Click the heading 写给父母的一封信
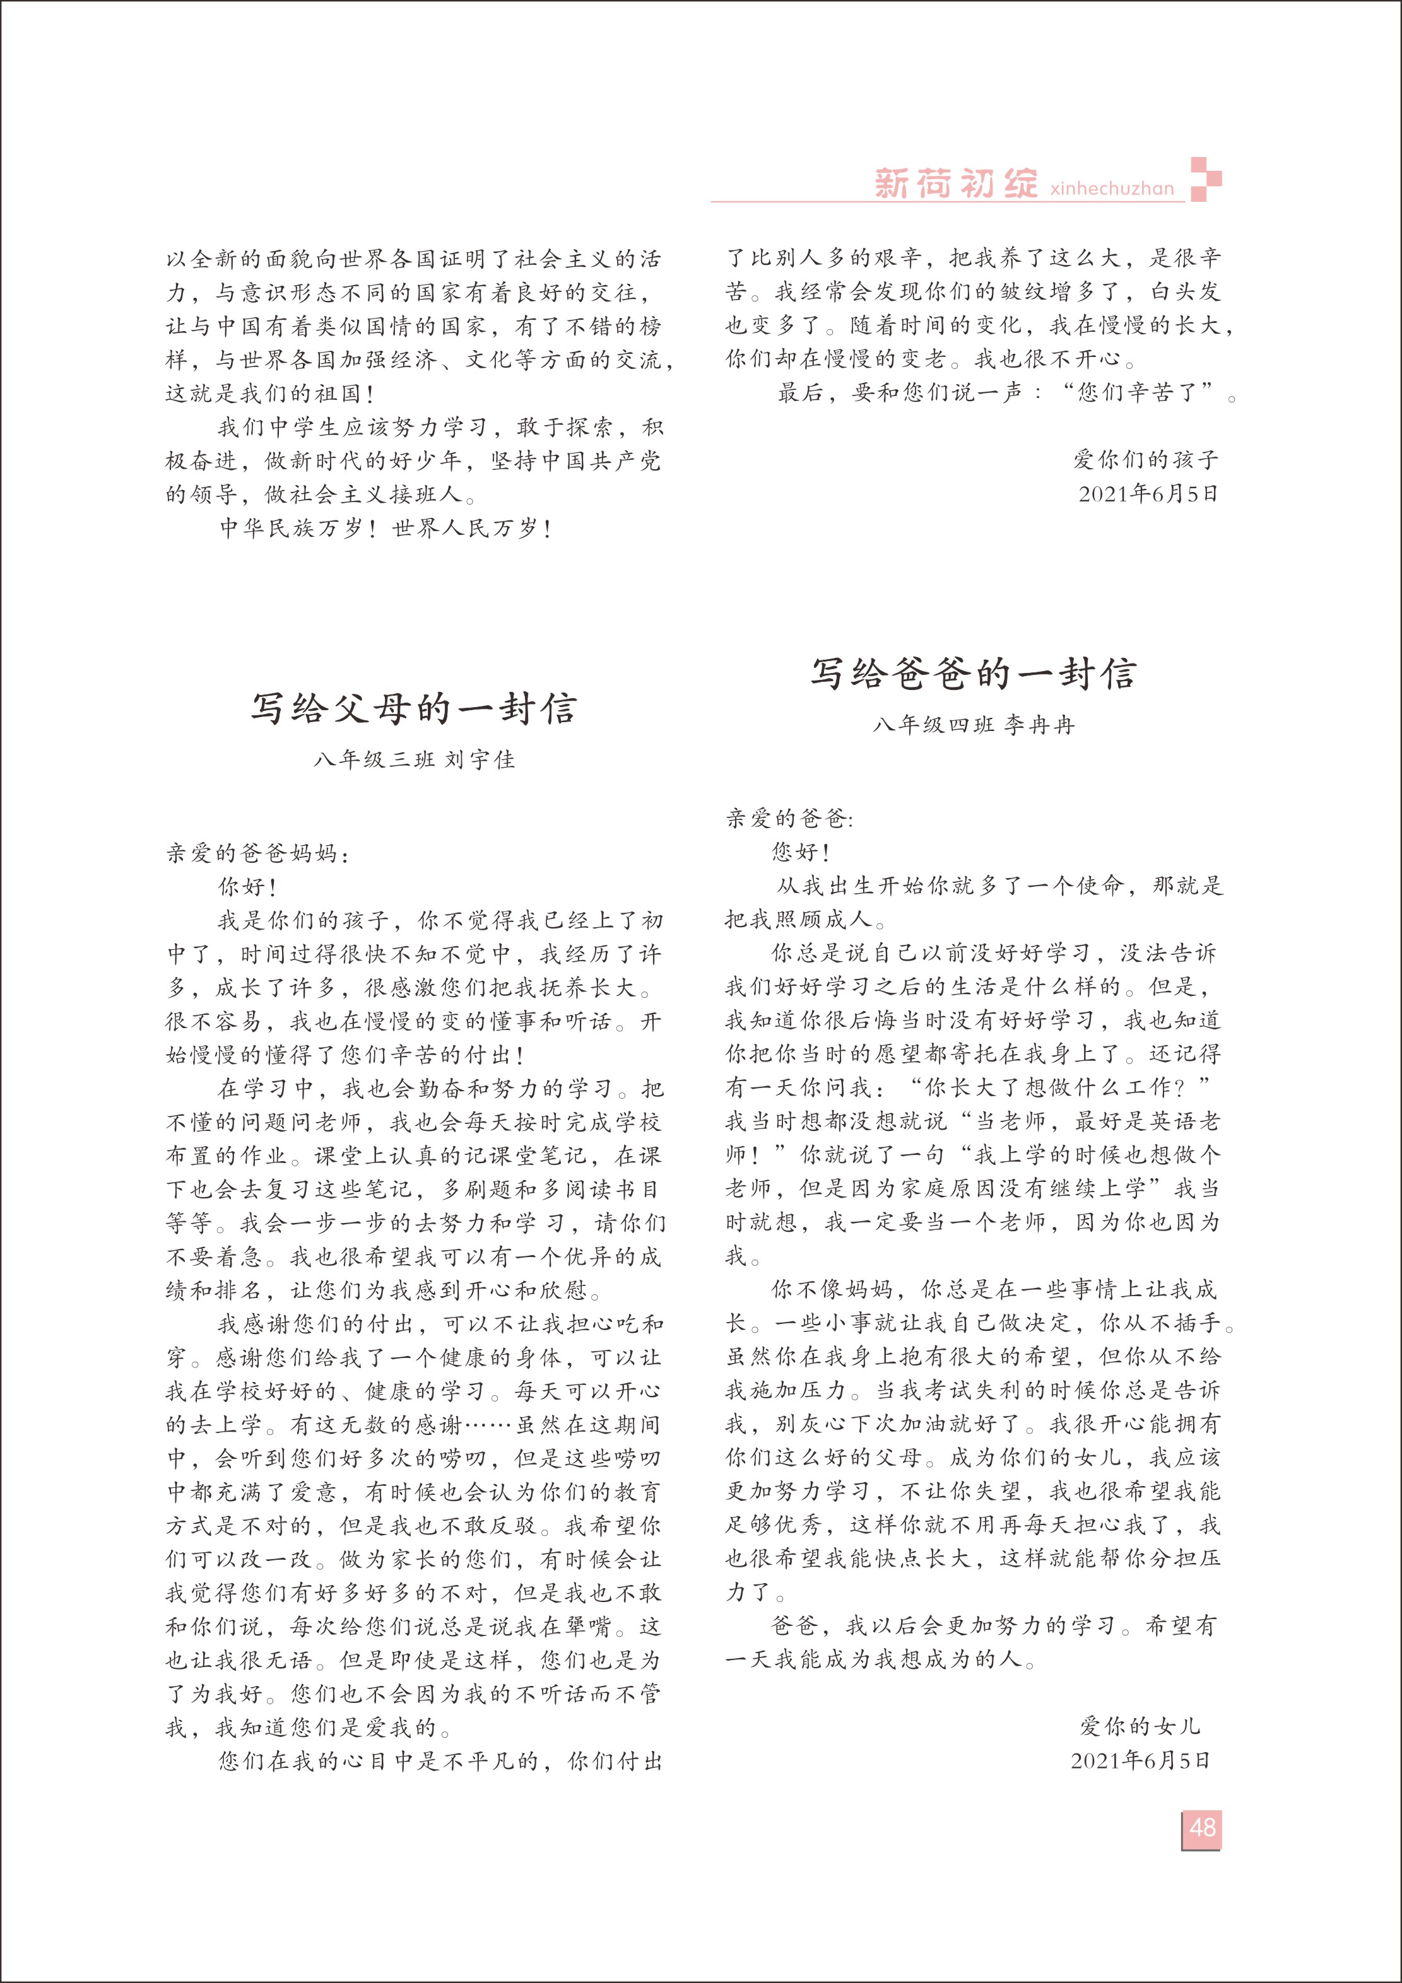[x=414, y=709]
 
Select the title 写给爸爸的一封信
[x=973, y=674]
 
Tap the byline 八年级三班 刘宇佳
[x=415, y=760]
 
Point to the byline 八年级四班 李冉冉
[x=974, y=725]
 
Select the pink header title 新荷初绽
[x=955, y=183]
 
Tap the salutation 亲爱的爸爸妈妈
[x=258, y=854]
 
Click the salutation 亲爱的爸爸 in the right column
[x=789, y=819]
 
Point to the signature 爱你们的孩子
[x=1145, y=459]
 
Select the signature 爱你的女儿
[x=1140, y=1726]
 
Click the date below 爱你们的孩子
[x=1148, y=494]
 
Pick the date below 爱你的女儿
[x=1140, y=1760]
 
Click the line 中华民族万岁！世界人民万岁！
[x=386, y=529]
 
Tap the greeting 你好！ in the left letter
[x=247, y=887]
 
